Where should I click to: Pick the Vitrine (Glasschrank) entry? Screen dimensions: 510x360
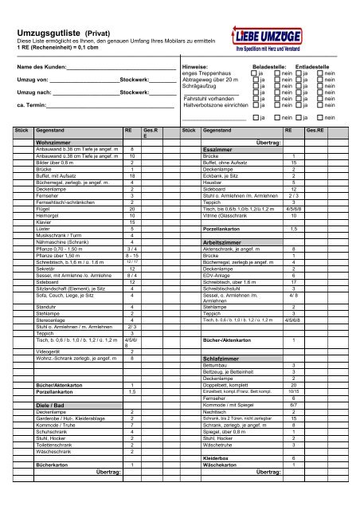(x=231, y=215)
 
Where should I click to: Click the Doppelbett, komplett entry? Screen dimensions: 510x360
(x=230, y=386)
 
